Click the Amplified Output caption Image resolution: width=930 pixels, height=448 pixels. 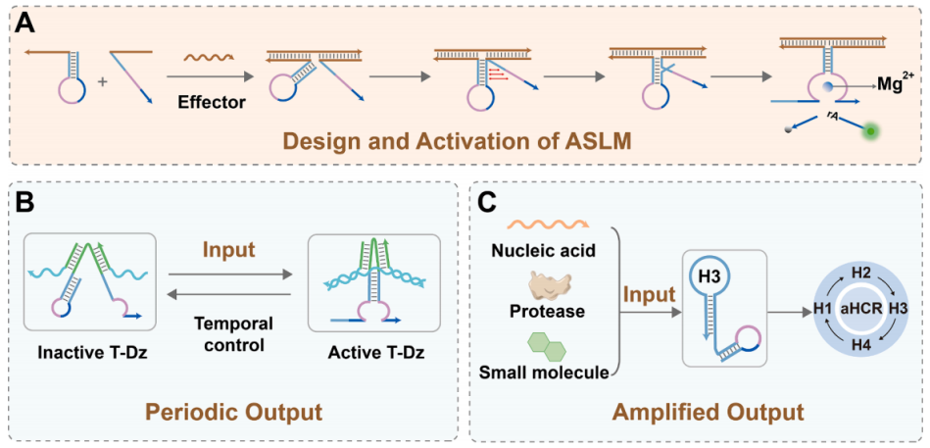point(701,411)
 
